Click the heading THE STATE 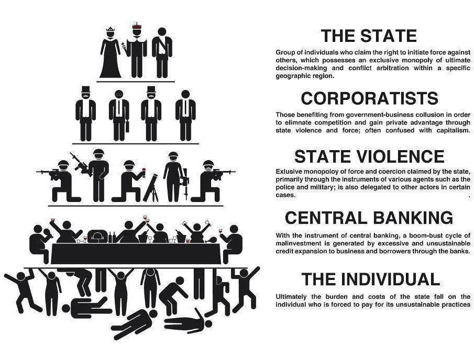(369, 36)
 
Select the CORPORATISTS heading (369, 98)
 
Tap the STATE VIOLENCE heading (369, 156)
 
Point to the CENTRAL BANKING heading (369, 217)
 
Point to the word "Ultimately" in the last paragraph (292, 296)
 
